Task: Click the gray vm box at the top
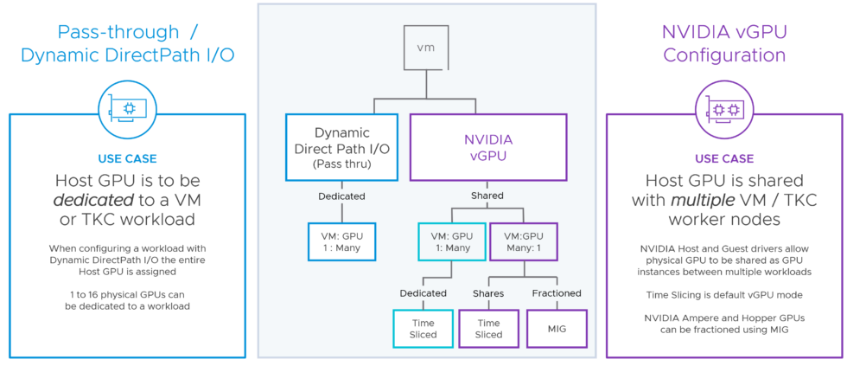click(x=426, y=48)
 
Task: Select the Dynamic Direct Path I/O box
click(x=341, y=146)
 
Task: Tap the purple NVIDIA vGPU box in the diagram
click(x=488, y=146)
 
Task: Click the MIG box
click(x=557, y=329)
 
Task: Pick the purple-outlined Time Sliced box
click(x=488, y=329)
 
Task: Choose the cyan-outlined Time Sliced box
click(x=423, y=329)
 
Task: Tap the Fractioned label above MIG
click(x=557, y=293)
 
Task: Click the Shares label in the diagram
click(x=488, y=293)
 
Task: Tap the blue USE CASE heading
click(x=127, y=159)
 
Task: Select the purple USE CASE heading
click(x=724, y=159)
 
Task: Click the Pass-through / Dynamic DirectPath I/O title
click(x=127, y=43)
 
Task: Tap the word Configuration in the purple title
click(x=724, y=55)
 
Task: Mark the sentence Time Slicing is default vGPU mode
click(x=724, y=295)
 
